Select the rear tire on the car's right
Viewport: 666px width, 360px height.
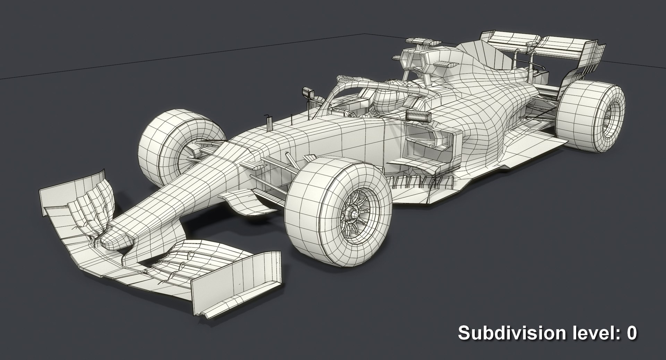(590, 114)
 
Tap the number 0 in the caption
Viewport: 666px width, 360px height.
(632, 333)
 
